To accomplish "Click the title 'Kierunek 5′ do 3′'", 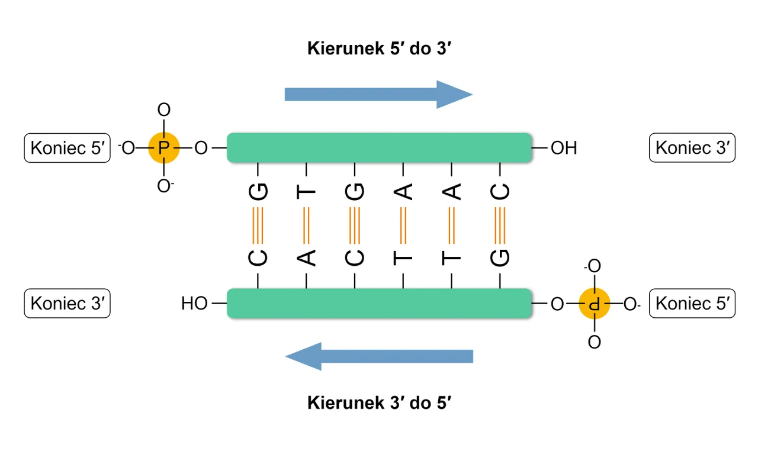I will (x=380, y=49).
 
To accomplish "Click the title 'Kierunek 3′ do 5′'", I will (x=380, y=403).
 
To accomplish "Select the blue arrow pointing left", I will (x=379, y=356).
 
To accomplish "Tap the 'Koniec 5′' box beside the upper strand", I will (x=67, y=148).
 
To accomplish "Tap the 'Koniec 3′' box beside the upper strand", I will (x=692, y=148).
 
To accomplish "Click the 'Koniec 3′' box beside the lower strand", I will (x=67, y=304).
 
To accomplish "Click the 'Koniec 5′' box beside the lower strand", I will (x=692, y=304).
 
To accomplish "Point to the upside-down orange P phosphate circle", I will (x=594, y=304).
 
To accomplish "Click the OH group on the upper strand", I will (x=563, y=148).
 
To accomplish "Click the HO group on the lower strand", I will (x=194, y=304).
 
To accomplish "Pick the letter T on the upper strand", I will (x=307, y=192).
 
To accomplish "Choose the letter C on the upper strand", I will (x=500, y=192).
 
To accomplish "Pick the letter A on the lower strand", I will (x=307, y=257).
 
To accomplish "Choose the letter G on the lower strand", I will (x=500, y=257).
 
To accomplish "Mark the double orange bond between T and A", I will (x=307, y=225).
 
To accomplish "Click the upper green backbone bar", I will (x=379, y=148).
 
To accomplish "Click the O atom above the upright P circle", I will (x=163, y=110).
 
